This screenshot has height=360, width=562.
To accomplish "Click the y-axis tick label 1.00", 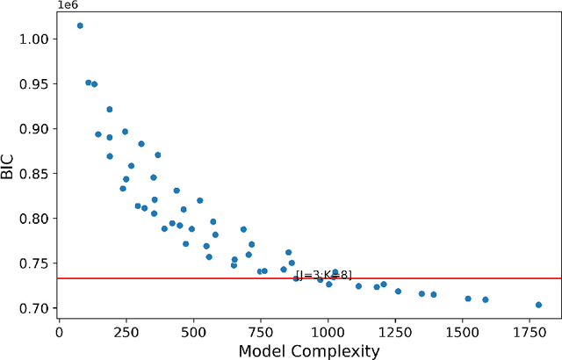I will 32,39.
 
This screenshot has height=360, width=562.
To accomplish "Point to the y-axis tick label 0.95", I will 32,83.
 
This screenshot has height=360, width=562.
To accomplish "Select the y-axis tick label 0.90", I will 32,128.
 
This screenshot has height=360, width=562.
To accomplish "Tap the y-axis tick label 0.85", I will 32,173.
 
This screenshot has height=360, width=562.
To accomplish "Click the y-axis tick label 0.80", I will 32,218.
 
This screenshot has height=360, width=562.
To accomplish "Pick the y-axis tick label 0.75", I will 32,263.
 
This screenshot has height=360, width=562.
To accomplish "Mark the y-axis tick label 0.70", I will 32,308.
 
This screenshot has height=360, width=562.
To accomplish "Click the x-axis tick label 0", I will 59,333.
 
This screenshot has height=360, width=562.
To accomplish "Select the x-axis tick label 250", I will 126,333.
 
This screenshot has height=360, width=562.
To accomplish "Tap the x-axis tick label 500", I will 193,333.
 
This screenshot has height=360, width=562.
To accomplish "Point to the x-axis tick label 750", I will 261,333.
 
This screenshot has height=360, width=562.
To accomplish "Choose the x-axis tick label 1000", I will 328,333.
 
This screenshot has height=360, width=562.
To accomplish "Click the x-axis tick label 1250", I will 395,333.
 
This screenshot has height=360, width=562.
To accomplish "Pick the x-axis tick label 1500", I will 463,333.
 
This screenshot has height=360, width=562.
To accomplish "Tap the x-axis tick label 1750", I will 530,333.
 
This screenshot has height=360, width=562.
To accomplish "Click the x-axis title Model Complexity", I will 309,350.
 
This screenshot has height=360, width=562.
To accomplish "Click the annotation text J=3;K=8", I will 324,275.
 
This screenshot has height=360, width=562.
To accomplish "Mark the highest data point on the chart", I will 80,25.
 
